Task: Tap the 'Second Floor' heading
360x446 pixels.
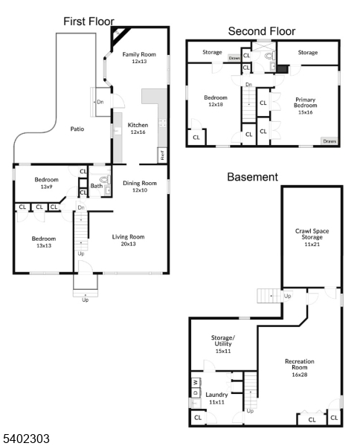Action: [x=261, y=30]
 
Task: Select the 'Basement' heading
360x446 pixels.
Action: [x=252, y=177]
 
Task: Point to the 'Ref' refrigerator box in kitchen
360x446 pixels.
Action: [x=161, y=155]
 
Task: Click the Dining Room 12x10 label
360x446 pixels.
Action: [x=140, y=187]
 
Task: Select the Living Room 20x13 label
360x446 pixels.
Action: [x=128, y=240]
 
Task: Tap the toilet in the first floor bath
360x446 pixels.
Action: [x=105, y=180]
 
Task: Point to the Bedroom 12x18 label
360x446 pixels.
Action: [x=216, y=100]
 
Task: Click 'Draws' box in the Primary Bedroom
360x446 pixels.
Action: [x=329, y=140]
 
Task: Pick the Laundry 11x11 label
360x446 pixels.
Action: [x=216, y=398]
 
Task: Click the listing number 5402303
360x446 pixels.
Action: [x=25, y=439]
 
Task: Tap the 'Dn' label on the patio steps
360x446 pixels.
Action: [x=100, y=102]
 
